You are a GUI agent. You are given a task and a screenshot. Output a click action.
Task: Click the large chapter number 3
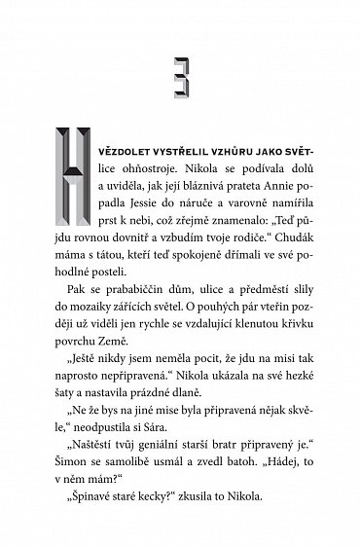(179, 73)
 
